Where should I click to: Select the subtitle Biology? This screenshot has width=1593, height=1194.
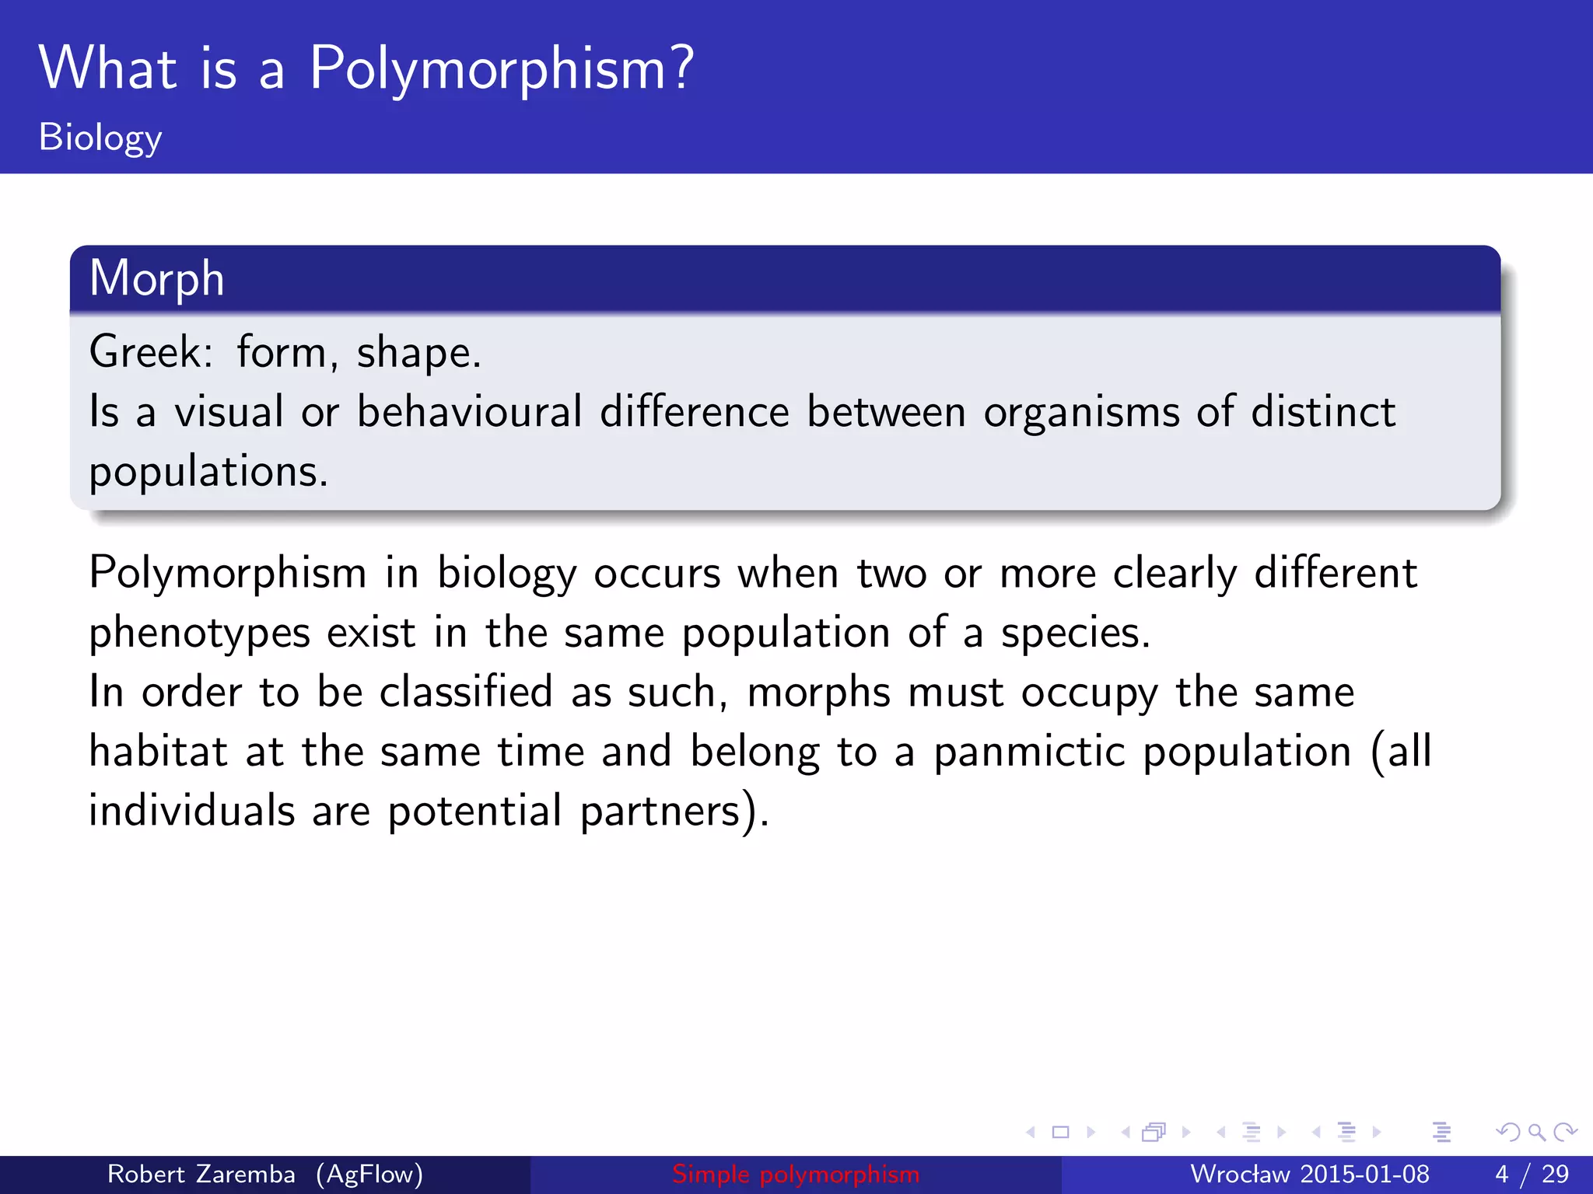(100, 138)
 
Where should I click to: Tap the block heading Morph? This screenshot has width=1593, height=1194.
(156, 278)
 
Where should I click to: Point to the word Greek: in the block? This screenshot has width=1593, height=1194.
(151, 352)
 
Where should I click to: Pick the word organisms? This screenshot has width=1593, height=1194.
(1081, 414)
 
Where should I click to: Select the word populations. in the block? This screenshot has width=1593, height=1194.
(208, 472)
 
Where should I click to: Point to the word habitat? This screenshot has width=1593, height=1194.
(159, 752)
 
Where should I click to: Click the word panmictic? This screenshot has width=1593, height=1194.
(1029, 752)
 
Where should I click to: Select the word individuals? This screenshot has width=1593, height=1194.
(191, 811)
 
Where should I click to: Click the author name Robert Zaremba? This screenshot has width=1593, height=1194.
(201, 1174)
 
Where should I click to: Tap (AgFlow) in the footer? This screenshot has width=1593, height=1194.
(369, 1174)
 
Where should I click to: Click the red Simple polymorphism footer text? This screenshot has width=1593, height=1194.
(796, 1174)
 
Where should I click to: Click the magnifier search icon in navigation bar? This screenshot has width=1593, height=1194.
(1536, 1133)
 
